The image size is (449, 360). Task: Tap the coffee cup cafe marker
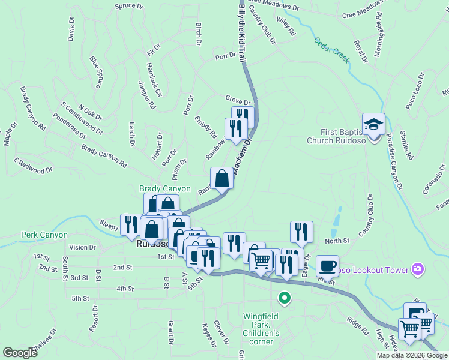[x=327, y=265]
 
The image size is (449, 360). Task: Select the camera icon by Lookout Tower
[x=418, y=270]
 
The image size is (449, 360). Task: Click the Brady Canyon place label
[x=160, y=188]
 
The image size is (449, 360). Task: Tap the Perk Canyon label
[x=41, y=234]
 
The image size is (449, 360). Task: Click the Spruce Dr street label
[x=129, y=6]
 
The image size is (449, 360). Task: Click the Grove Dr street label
[x=238, y=97]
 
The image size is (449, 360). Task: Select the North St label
[x=337, y=241]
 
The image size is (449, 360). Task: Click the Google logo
[x=20, y=353]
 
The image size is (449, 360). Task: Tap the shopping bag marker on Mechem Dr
[x=221, y=178]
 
